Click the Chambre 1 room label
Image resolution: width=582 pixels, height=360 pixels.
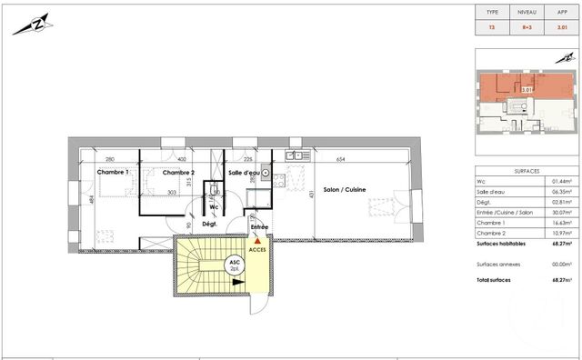[115, 172]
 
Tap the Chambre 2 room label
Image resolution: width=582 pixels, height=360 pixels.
[179, 172]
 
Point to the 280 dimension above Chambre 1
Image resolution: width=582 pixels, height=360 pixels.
[109, 159]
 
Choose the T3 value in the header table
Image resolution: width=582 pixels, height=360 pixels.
[492, 27]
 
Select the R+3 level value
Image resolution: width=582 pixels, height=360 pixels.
[526, 27]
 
